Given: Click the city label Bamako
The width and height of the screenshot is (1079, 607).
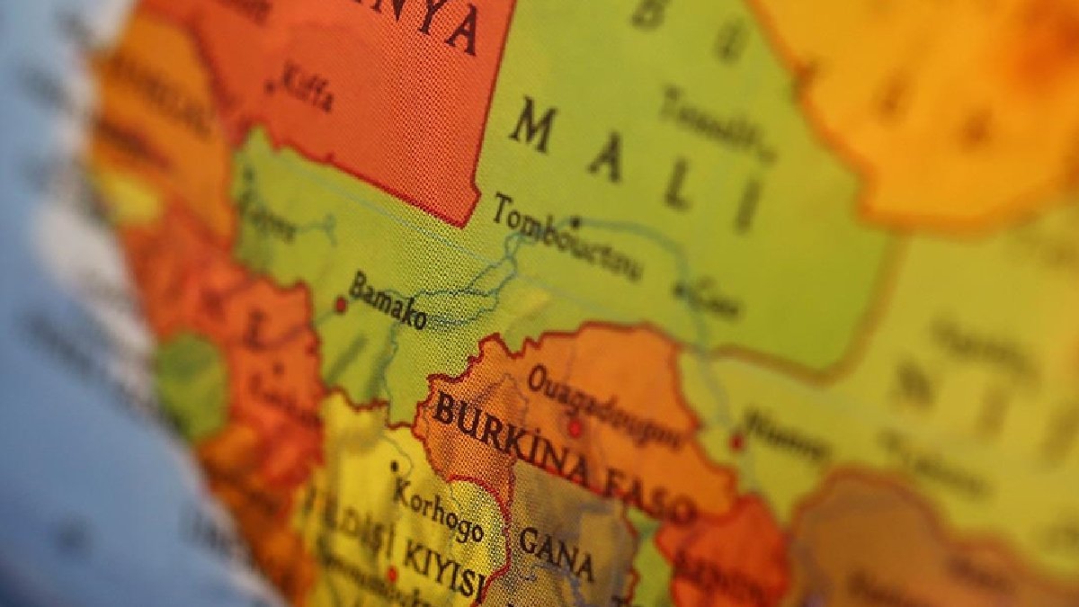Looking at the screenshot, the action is tap(388, 301).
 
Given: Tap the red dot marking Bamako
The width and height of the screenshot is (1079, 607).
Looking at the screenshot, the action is tap(341, 305).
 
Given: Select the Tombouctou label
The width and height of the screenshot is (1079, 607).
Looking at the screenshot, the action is tap(566, 238).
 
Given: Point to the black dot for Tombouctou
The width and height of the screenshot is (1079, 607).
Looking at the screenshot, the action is tap(575, 220).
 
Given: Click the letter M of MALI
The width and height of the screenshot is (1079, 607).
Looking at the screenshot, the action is tap(532, 126).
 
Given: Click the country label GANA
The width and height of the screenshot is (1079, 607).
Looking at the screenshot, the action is tap(557, 552).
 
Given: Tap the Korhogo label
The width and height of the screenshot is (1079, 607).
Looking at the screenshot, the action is tap(438, 510).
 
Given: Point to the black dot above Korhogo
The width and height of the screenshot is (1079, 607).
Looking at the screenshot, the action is tap(394, 467).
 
